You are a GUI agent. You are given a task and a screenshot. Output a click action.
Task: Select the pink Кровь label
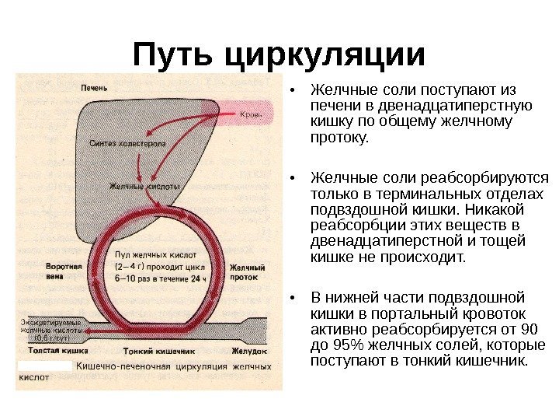251,116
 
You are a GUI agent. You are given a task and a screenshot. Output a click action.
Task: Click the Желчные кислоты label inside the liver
143,187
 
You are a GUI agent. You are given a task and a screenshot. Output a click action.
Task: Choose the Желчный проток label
248,271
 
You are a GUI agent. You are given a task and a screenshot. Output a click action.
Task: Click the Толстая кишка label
48,352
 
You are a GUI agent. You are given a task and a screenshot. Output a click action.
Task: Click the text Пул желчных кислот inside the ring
155,254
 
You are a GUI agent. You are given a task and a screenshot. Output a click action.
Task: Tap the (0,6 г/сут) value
48,339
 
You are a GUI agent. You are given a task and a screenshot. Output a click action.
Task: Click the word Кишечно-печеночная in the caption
124,366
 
